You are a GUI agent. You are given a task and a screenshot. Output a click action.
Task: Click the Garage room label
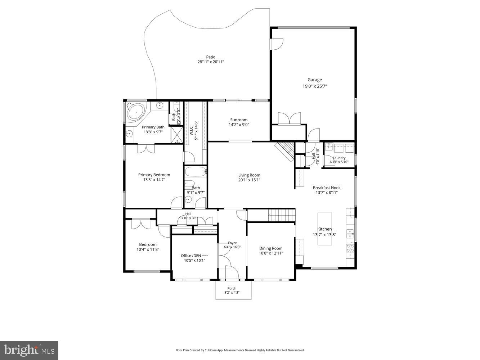(314, 80)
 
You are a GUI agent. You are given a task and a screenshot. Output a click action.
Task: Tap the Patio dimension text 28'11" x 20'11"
(211, 62)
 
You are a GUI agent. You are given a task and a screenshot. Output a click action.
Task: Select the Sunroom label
(239, 120)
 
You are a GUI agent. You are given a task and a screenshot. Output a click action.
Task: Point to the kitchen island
(324, 229)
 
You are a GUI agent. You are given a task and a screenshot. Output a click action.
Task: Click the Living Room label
(249, 175)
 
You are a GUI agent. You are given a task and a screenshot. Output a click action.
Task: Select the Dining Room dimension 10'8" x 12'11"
(271, 253)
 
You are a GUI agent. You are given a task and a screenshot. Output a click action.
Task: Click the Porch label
(232, 288)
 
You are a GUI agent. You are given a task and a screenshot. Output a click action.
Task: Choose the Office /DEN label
(194, 256)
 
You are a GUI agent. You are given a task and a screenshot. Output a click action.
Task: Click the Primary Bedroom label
(154, 175)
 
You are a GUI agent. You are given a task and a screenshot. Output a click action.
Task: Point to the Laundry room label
(339, 158)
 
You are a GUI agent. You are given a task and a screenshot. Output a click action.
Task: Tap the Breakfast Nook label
(327, 188)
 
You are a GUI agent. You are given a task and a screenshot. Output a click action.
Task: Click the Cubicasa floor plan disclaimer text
(240, 350)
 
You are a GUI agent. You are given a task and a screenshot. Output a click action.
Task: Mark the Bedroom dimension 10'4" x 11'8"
(148, 249)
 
